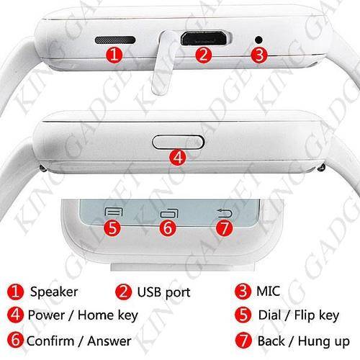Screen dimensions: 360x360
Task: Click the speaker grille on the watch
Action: click(115, 40)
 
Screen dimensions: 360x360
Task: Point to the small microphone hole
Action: click(258, 40)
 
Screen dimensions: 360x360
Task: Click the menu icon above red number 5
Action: click(114, 212)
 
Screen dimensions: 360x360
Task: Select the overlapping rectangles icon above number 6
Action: click(170, 213)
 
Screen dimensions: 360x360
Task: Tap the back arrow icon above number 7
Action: click(225, 213)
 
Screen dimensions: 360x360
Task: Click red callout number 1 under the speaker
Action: click(114, 55)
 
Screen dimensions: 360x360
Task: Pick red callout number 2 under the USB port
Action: click(204, 55)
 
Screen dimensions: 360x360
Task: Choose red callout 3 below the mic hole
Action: click(259, 55)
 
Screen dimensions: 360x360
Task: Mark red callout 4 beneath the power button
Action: click(178, 158)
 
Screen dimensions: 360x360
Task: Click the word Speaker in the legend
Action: click(54, 292)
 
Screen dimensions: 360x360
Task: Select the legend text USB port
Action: click(164, 292)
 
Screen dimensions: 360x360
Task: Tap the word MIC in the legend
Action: click(268, 291)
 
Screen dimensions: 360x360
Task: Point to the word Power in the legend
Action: click(46, 315)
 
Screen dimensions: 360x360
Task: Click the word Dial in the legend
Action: click(269, 315)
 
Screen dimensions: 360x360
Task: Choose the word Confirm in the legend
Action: click(50, 341)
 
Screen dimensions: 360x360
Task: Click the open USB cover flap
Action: click(163, 63)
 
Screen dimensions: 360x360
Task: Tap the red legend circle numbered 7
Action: click(243, 341)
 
